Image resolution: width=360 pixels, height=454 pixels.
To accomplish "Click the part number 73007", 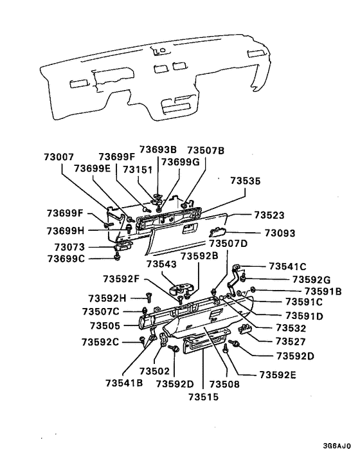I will click(59, 157).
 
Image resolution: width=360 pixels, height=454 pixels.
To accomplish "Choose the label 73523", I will click(269, 215).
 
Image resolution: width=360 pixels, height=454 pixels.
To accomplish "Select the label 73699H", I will click(66, 230).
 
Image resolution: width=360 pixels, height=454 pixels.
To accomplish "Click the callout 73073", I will click(69, 246).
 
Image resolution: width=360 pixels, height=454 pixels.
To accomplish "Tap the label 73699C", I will click(66, 259).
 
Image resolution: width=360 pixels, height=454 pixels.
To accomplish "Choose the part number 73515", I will click(204, 397).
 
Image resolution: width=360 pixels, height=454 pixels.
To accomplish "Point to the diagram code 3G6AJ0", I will click(337, 444).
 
